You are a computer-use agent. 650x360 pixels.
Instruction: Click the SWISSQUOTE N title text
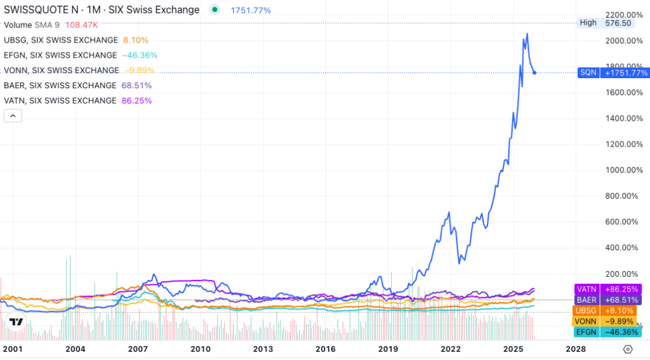point(102,10)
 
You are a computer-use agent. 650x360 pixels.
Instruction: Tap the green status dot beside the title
point(215,10)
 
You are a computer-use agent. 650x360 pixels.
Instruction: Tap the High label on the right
point(588,23)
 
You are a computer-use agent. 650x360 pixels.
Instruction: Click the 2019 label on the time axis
point(388,349)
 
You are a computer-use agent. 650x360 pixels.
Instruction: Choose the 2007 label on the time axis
point(138,349)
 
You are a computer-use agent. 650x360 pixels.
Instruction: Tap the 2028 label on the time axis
point(575,349)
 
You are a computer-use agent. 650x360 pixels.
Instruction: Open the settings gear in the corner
point(628,349)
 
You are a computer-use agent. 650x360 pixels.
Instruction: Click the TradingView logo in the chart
point(17,322)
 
